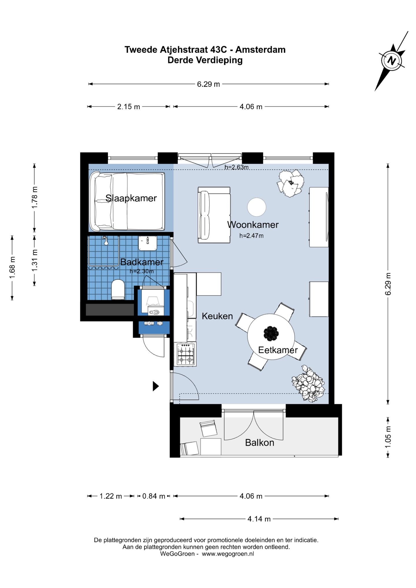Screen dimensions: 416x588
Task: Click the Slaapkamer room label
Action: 131,198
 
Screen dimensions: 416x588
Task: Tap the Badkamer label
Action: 142,262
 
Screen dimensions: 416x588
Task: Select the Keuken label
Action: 217,316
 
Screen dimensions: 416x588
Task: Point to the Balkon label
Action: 259,442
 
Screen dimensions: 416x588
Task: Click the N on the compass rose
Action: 392,61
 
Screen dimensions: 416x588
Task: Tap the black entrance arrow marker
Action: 156,386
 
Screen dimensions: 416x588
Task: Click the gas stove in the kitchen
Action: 185,354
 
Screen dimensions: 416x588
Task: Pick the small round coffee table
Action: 257,207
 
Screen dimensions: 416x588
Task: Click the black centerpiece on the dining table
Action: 271,333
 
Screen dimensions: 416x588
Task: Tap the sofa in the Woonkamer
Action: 214,215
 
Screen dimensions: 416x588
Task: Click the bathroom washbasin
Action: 148,243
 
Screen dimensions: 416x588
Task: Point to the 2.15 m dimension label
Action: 129,107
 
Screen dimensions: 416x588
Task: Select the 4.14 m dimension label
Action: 259,519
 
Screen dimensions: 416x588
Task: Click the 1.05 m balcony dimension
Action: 388,437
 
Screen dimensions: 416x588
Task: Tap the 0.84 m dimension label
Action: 154,496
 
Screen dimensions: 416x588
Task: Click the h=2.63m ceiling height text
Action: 236,167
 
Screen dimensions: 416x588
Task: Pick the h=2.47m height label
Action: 251,236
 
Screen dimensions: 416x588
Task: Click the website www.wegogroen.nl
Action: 228,554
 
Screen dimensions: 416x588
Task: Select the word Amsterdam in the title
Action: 260,50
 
